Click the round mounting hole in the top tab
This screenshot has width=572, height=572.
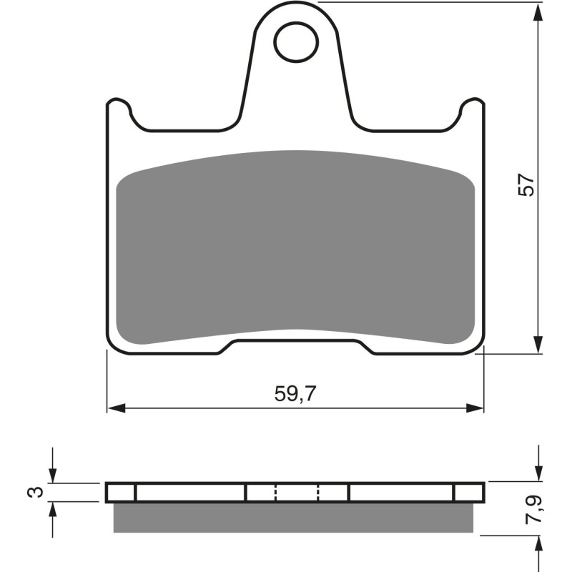tap(295, 40)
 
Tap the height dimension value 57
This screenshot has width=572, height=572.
tap(526, 185)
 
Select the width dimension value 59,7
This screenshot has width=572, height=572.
tap(295, 393)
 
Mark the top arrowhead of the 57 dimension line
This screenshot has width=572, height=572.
tap(536, 11)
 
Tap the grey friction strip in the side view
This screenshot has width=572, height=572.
tap(293, 518)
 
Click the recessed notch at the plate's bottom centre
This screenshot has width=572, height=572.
tap(295, 346)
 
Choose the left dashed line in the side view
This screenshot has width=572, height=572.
tap(275, 492)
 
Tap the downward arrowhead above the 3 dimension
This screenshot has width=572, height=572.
tap(52, 475)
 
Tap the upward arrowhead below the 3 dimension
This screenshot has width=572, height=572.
tap(52, 509)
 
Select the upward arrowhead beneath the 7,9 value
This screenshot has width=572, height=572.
tap(536, 543)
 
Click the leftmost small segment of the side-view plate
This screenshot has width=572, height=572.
tap(121, 492)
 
